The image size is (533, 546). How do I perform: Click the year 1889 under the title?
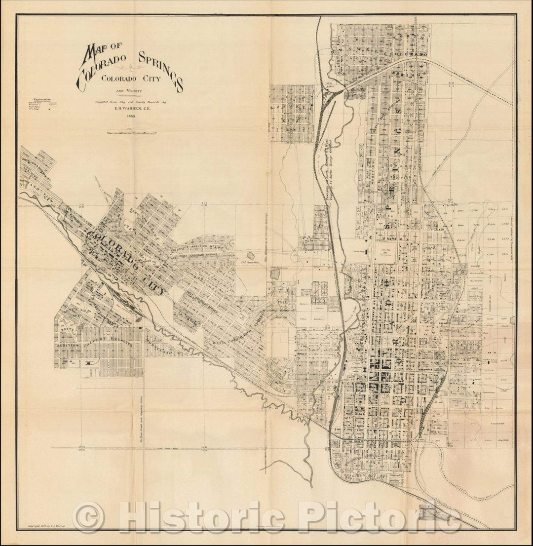click(x=130, y=117)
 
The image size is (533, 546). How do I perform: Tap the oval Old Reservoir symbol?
click(x=251, y=256)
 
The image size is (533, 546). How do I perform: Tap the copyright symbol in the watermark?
click(x=88, y=517)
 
